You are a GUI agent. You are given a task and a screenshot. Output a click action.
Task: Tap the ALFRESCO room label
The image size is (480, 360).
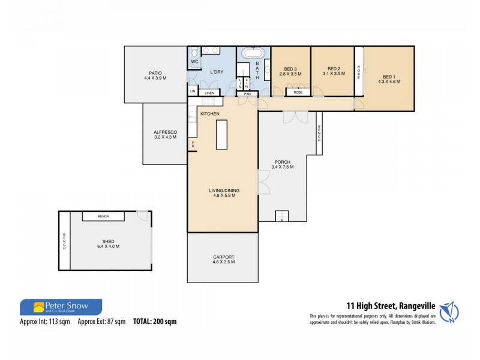pyautogui.click(x=164, y=132)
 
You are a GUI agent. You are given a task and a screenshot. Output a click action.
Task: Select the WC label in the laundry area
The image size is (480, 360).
pyautogui.click(x=194, y=62)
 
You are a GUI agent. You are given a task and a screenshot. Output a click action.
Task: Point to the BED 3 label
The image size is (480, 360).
pyautogui.click(x=292, y=69)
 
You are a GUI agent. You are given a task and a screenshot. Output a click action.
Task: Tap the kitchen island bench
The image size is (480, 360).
pyautogui.click(x=222, y=135)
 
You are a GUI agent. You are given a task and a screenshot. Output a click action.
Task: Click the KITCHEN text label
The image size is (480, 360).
pyautogui.click(x=209, y=114)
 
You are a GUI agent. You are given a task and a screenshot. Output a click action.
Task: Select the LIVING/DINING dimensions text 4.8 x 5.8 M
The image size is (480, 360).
pyautogui.click(x=222, y=196)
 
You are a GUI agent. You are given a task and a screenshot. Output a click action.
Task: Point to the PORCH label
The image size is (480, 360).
pyautogui.click(x=283, y=162)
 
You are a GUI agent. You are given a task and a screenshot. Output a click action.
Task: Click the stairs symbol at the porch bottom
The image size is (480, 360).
pyautogui.click(x=282, y=216)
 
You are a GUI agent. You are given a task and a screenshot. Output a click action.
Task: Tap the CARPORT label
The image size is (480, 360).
pyautogui.click(x=223, y=257)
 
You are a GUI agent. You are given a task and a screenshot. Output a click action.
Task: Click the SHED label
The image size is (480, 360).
pyautogui.click(x=108, y=241)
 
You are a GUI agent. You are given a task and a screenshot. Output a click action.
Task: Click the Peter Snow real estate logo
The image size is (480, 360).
pyautogui.click(x=61, y=307)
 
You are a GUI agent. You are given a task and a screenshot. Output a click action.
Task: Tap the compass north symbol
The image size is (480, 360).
pyautogui.click(x=450, y=311)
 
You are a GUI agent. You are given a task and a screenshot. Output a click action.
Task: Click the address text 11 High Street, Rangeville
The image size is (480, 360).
pyautogui.click(x=389, y=305)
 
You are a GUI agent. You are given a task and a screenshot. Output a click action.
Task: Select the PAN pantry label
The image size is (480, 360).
pyautogui.click(x=247, y=94)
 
